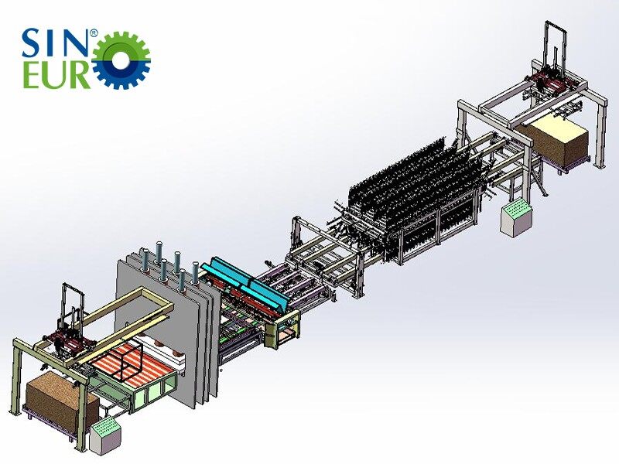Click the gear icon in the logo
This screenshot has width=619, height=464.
(x=121, y=60)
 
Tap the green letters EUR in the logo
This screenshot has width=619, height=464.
(x=56, y=76)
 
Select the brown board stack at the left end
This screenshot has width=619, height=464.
(x=60, y=397)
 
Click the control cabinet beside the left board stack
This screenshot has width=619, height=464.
(x=104, y=437)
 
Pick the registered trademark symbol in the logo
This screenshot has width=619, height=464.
(x=94, y=33)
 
